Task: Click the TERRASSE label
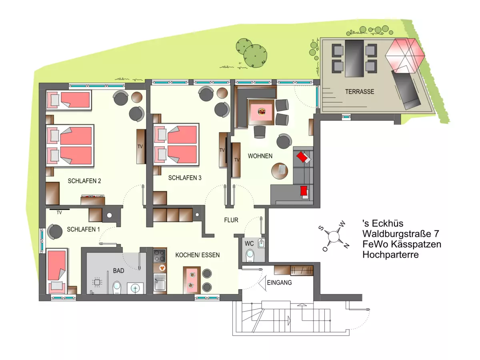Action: pos(360,92)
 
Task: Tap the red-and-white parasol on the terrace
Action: pos(405,56)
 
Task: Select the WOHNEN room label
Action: pos(260,156)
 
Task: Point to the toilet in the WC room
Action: pos(250,256)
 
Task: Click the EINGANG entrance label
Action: pos(279,283)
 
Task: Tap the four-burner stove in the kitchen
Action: pos(160,256)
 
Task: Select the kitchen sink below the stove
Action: pos(160,282)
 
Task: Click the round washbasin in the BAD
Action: pos(135,288)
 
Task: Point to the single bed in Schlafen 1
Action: pos(56,271)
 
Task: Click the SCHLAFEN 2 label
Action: pos(84,181)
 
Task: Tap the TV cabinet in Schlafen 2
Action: pos(141,146)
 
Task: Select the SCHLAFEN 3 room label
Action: pos(184,178)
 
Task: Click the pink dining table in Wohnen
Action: pos(262,112)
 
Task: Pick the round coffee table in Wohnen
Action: pos(280,171)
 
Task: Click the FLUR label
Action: pos(231,220)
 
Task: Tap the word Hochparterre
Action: pos(390,255)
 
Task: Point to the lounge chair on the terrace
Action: pos(406,90)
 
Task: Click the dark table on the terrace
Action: pos(354,58)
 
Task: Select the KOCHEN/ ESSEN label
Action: pos(197,255)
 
